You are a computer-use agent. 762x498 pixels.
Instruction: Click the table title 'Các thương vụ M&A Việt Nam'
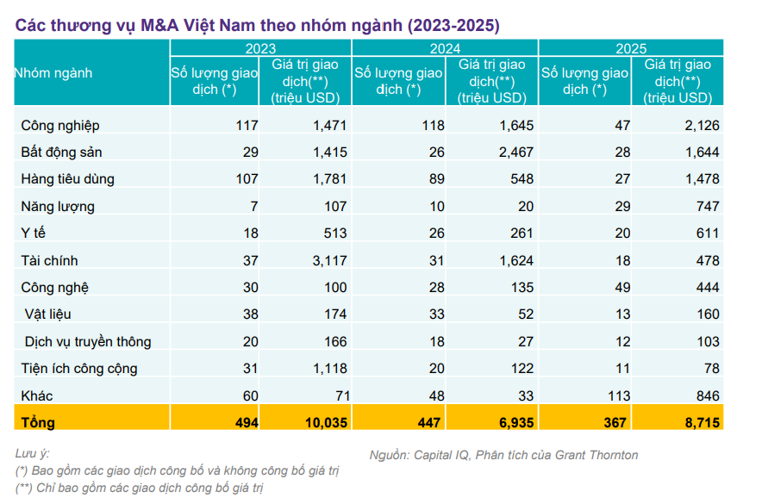[x=257, y=25]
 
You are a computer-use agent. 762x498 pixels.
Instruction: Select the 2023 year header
[x=260, y=49]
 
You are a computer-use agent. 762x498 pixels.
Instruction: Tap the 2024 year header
[x=445, y=49]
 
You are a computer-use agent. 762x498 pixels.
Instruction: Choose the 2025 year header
[x=631, y=49]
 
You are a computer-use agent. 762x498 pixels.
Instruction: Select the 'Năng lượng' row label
[x=58, y=207]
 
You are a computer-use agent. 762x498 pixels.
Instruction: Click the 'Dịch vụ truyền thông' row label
[x=87, y=341]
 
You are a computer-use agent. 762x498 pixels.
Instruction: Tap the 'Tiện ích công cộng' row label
[x=79, y=369]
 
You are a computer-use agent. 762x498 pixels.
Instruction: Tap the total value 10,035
[x=326, y=422]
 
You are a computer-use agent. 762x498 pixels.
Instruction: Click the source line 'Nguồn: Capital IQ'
[x=503, y=455]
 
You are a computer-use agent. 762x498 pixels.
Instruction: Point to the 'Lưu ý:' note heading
[x=33, y=453]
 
